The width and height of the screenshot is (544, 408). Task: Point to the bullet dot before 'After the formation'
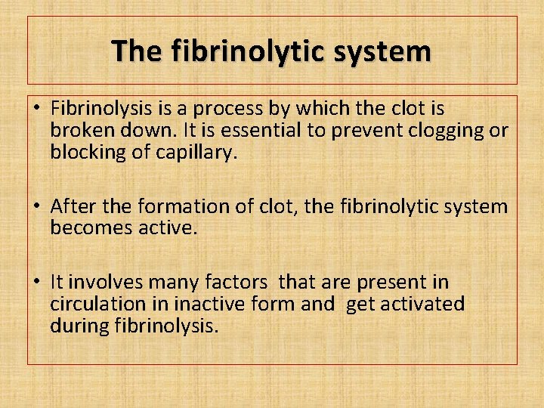[x=37, y=206]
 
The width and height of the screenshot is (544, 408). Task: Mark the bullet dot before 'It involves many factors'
[x=37, y=283]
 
